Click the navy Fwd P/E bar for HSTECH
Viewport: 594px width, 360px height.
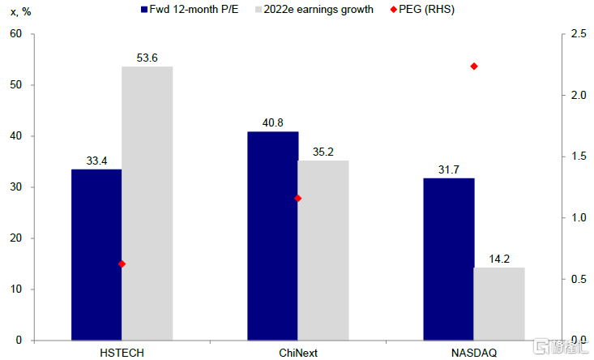point(96,255)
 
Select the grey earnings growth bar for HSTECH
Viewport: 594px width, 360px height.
point(147,203)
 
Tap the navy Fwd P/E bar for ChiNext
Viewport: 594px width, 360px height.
point(273,236)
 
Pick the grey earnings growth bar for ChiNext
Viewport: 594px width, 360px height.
point(323,250)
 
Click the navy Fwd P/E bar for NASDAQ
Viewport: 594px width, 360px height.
point(449,259)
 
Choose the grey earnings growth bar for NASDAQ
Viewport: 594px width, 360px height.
point(499,303)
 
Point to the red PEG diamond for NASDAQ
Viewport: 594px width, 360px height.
point(474,66)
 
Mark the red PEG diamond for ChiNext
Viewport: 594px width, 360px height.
point(297,198)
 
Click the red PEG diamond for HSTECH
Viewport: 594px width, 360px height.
point(122,264)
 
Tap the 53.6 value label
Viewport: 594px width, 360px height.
point(147,58)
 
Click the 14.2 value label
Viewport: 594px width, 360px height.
point(499,259)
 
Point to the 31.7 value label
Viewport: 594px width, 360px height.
point(449,169)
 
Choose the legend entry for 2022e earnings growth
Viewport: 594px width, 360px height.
point(312,10)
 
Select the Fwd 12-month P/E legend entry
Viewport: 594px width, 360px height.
point(192,10)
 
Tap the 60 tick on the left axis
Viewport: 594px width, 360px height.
point(15,34)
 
